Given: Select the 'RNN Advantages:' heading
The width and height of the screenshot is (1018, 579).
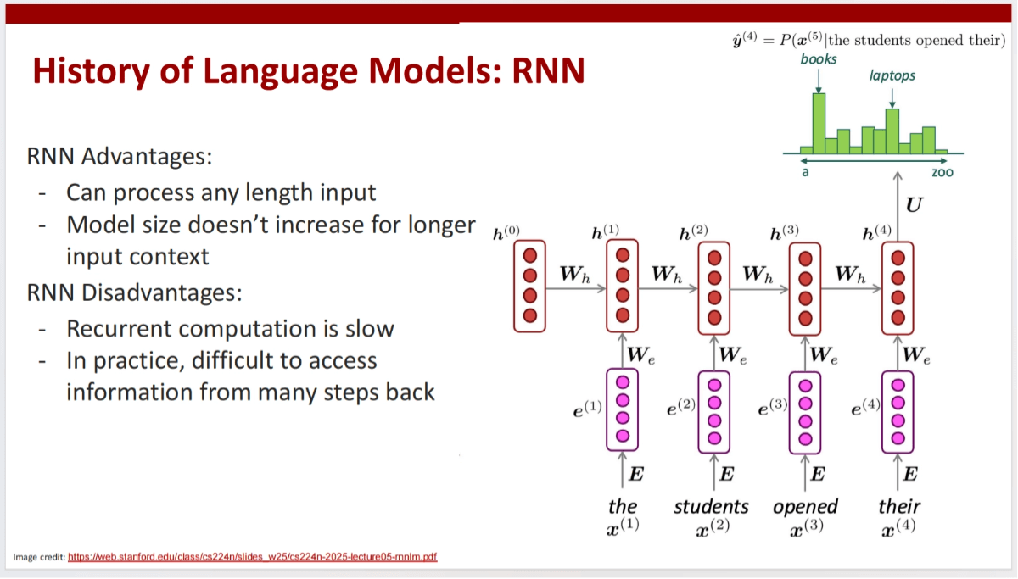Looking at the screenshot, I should pyautogui.click(x=120, y=157).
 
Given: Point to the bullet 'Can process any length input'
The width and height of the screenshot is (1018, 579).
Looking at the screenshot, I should pyautogui.click(x=221, y=192).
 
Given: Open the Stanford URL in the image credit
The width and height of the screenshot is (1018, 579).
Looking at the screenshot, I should pyautogui.click(x=252, y=557).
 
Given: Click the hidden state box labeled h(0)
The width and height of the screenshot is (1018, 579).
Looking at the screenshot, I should pyautogui.click(x=531, y=286).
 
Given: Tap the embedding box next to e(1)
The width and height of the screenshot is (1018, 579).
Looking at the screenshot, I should pyautogui.click(x=623, y=409).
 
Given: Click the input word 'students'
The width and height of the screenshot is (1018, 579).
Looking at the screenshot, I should pyautogui.click(x=711, y=507).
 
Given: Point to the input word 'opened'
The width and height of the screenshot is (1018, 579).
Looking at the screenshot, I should pyautogui.click(x=805, y=507).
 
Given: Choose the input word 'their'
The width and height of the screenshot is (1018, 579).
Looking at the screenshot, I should pyautogui.click(x=899, y=507).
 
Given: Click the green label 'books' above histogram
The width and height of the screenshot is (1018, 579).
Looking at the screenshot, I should pyautogui.click(x=819, y=58).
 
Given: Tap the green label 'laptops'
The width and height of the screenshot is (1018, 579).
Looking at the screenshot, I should pyautogui.click(x=892, y=75).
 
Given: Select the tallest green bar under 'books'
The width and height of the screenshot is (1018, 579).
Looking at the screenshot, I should pyautogui.click(x=819, y=123).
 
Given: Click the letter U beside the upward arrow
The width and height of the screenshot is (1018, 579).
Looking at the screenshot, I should pyautogui.click(x=915, y=204).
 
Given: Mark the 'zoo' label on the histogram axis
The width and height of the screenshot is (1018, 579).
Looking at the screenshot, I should pyautogui.click(x=942, y=172).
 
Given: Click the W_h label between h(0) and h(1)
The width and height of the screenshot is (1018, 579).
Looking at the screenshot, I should pyautogui.click(x=574, y=275).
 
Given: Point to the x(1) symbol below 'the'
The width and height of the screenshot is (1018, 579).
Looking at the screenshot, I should pyautogui.click(x=624, y=526).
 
